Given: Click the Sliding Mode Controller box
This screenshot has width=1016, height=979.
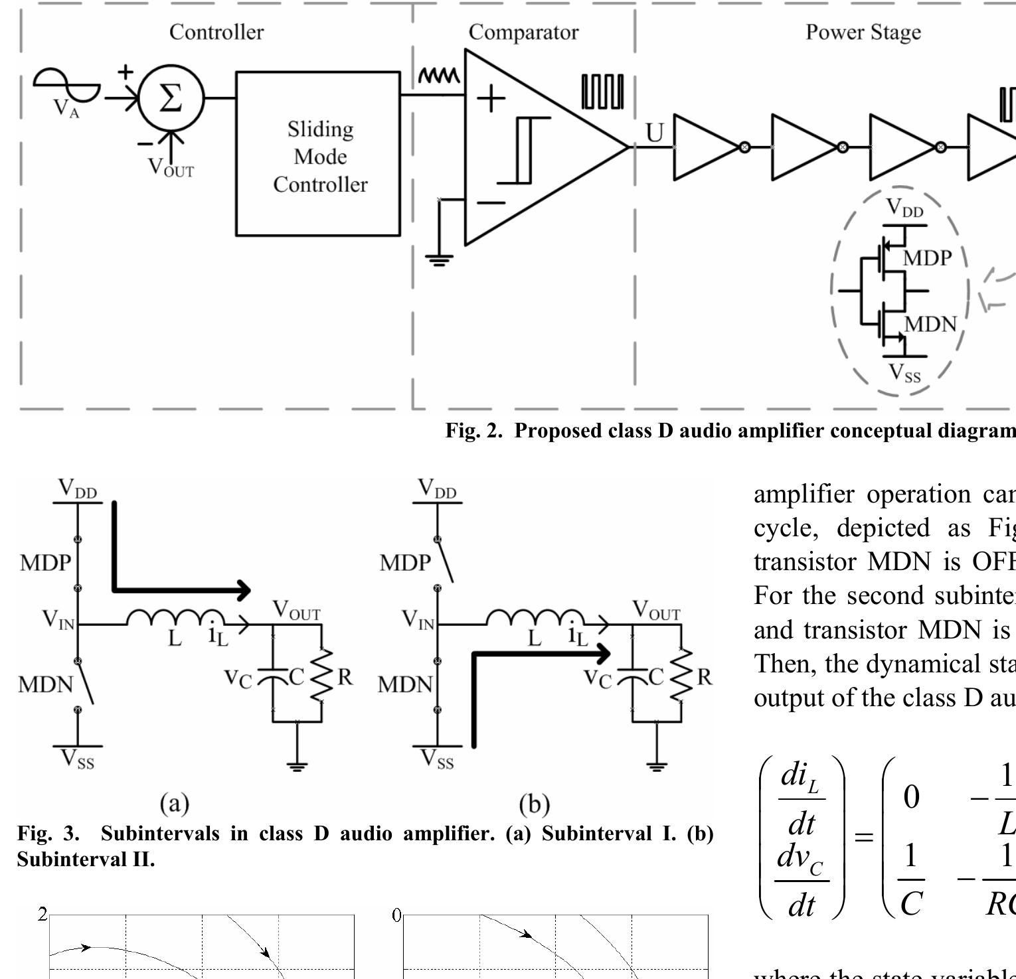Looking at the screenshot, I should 319,154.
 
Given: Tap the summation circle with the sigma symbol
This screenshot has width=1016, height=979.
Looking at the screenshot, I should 171,98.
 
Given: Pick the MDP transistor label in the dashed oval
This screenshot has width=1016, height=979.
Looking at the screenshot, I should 927,258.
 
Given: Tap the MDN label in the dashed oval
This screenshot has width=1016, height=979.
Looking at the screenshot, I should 930,324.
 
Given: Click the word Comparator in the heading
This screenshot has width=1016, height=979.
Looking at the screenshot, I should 523,32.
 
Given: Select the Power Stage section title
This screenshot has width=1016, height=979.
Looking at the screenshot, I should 863,32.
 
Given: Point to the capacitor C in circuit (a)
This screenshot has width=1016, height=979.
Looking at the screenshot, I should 273,676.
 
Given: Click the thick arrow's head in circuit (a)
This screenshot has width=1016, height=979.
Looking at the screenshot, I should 244,589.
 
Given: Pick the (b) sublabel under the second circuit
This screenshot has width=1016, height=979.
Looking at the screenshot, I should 534,804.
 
